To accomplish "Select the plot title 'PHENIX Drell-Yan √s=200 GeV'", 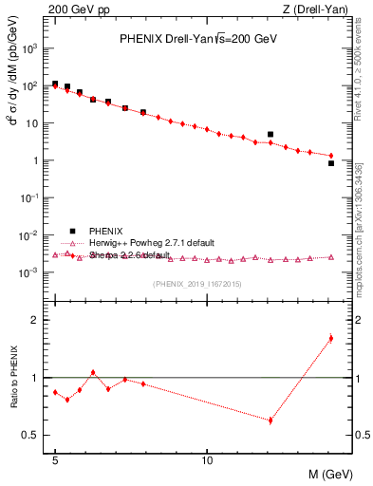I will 197,40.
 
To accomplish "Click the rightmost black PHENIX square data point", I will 330,163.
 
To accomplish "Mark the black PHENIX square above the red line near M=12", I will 270,135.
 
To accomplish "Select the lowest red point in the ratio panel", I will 270,420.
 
